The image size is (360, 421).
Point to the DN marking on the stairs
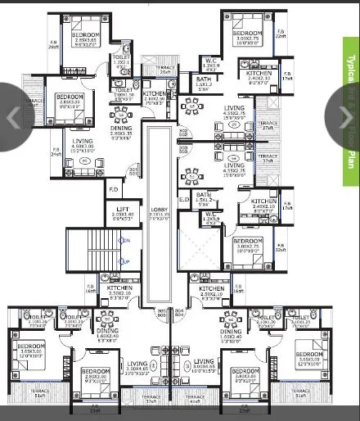coord(125,240)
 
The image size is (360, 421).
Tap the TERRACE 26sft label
coord(166,70)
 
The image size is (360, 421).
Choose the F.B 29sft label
coord(54,44)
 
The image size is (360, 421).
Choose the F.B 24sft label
coord(55,152)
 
